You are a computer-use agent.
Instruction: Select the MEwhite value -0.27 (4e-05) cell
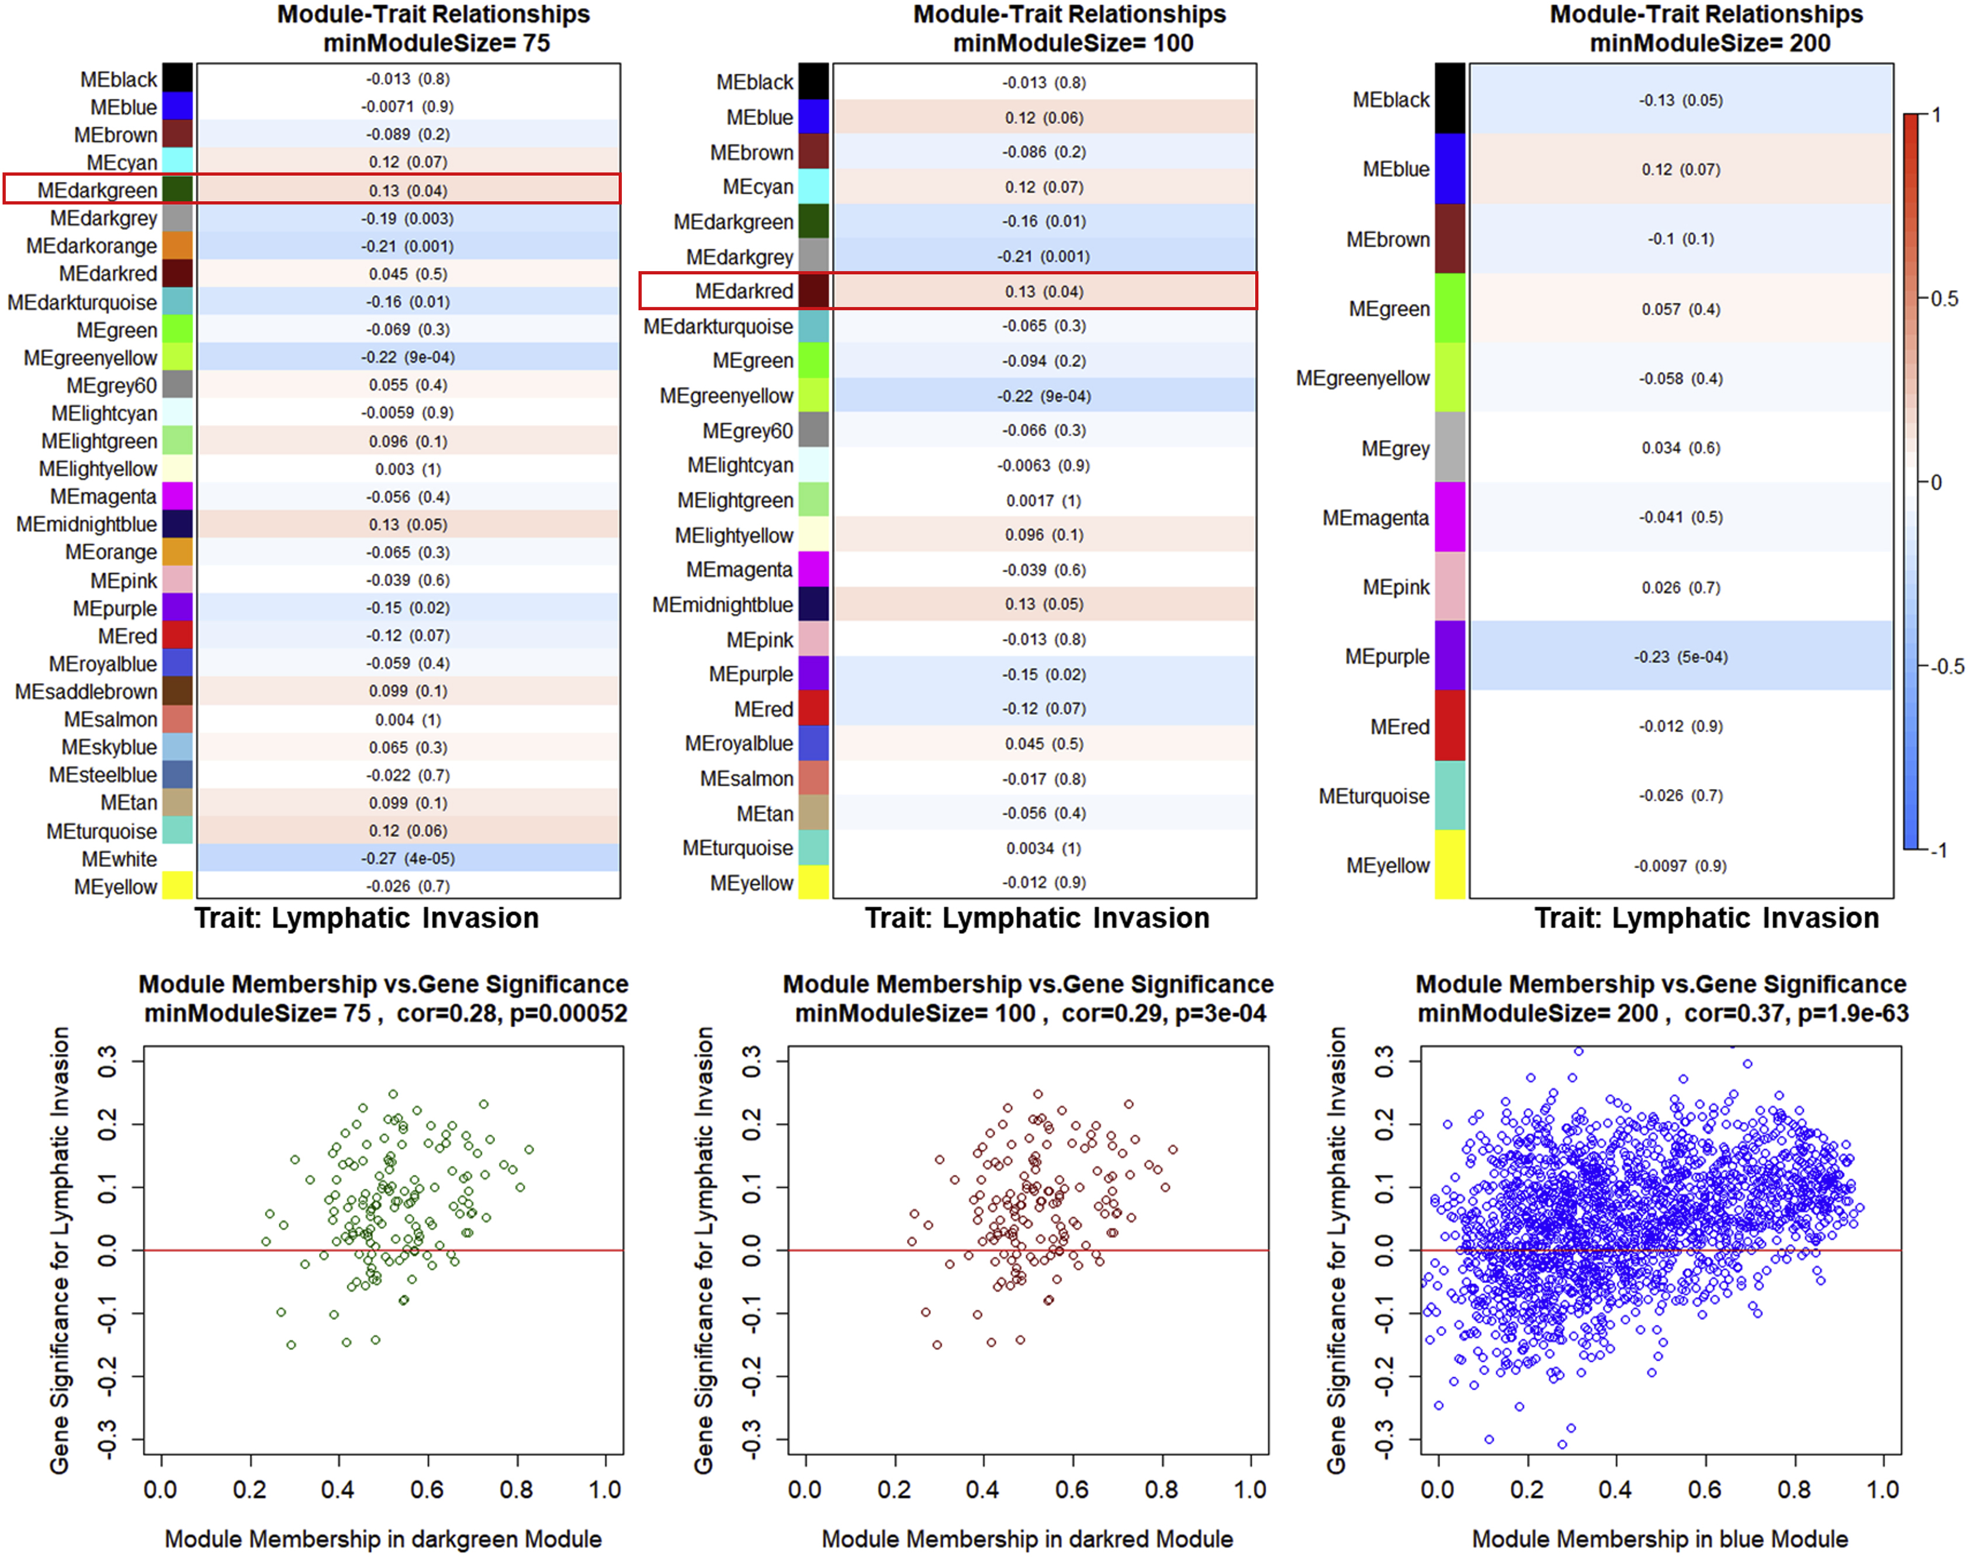pyautogui.click(x=407, y=859)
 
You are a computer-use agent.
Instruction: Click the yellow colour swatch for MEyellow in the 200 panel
pyautogui.click(x=1449, y=865)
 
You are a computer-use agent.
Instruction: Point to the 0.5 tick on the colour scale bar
pyautogui.click(x=1944, y=299)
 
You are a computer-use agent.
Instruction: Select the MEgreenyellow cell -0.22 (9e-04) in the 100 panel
pyautogui.click(x=1043, y=396)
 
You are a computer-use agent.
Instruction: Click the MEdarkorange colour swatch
pyautogui.click(x=177, y=246)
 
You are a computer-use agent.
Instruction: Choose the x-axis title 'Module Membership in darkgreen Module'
pyautogui.click(x=383, y=1539)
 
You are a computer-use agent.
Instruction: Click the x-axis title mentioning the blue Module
pyautogui.click(x=1659, y=1539)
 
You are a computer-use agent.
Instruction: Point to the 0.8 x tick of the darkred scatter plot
pyautogui.click(x=1161, y=1490)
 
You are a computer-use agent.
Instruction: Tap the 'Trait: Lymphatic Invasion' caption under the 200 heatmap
pyautogui.click(x=1706, y=918)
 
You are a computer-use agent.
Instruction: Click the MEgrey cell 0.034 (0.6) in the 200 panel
pyautogui.click(x=1680, y=448)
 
